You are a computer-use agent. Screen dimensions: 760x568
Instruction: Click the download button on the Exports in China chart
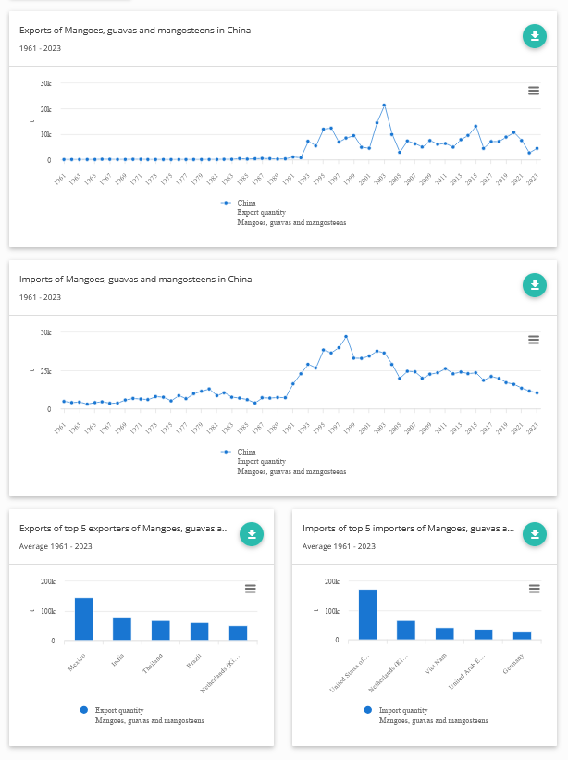click(x=534, y=36)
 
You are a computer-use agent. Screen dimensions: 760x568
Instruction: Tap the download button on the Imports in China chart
click(x=534, y=285)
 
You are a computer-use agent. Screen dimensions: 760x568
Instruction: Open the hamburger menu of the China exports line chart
click(x=534, y=90)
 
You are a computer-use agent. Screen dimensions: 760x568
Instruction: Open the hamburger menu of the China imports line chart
click(x=534, y=340)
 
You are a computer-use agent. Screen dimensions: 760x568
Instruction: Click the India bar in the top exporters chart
click(x=122, y=629)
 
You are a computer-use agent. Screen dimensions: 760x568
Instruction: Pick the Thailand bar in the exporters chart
click(x=161, y=629)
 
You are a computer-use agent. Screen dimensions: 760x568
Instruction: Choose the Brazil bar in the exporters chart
click(x=200, y=630)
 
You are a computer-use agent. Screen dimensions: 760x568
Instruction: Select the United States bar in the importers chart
click(x=367, y=615)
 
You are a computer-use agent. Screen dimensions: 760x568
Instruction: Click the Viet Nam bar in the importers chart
click(x=445, y=633)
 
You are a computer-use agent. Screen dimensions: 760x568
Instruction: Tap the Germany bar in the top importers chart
click(x=523, y=636)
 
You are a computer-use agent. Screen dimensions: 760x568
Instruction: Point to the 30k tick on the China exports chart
click(x=45, y=83)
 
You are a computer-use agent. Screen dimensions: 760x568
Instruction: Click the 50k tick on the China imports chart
click(x=45, y=332)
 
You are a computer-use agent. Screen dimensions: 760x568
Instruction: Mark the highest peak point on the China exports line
click(x=384, y=106)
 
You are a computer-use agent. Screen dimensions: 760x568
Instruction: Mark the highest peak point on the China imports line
click(x=346, y=337)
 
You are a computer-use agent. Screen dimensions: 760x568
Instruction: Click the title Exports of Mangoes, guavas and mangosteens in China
click(x=135, y=31)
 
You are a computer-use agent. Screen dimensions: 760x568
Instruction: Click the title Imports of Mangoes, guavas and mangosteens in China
click(x=135, y=280)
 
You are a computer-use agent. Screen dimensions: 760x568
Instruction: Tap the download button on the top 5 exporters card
click(x=252, y=534)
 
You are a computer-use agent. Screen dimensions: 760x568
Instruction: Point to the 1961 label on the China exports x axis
click(x=59, y=179)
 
